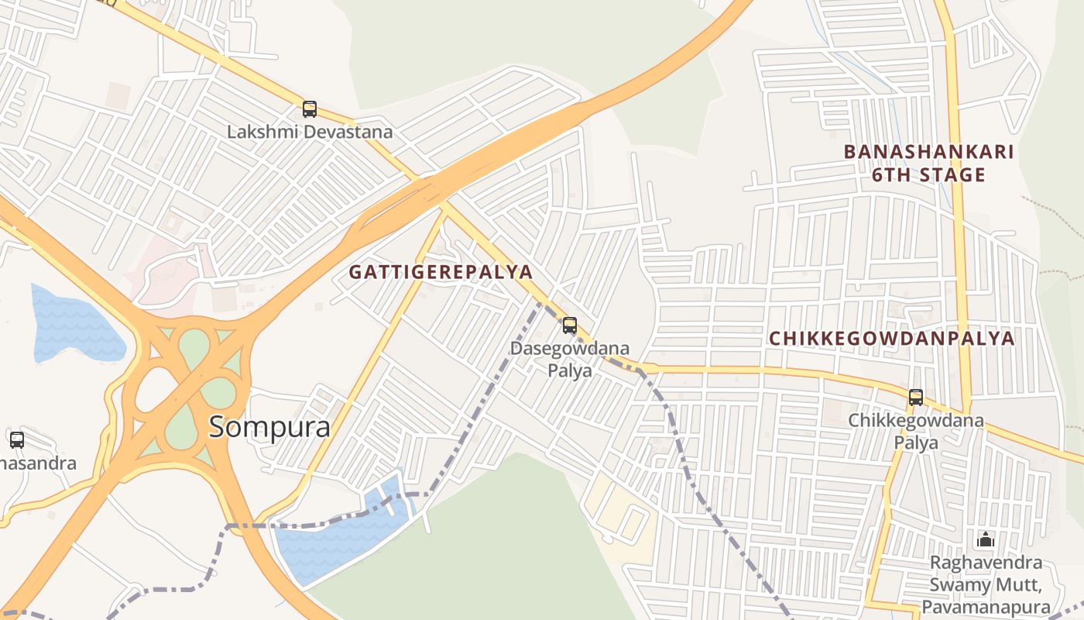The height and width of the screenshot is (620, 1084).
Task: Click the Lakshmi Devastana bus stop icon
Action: (310, 109)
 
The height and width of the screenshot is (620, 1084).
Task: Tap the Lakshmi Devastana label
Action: (310, 132)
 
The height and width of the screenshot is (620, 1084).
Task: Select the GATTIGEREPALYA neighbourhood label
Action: (441, 272)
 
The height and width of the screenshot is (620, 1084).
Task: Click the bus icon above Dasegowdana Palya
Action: (570, 325)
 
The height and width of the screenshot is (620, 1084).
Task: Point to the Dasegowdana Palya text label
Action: (570, 360)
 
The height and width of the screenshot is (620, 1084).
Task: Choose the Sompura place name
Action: (269, 427)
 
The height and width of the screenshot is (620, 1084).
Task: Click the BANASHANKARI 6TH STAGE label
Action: (928, 163)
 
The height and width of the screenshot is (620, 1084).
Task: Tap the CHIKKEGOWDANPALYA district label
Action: (891, 339)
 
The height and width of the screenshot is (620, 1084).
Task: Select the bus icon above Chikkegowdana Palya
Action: (916, 398)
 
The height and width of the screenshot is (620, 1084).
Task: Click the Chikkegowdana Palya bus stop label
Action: (916, 432)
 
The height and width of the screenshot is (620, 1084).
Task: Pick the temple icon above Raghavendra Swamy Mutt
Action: (986, 539)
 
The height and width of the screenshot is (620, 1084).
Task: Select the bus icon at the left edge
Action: (17, 440)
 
